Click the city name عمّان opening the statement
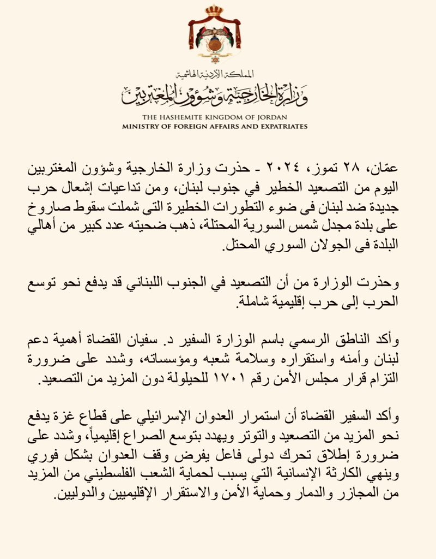pos(399,167)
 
